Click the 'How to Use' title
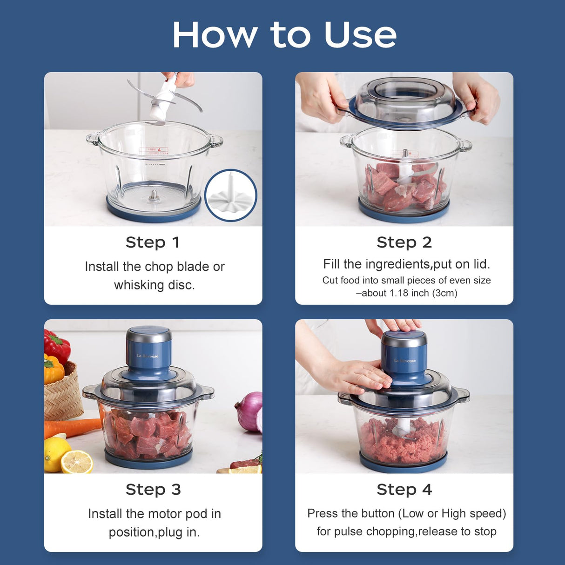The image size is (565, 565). [284, 35]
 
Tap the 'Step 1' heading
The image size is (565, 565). [153, 242]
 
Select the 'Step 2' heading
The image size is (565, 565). [404, 242]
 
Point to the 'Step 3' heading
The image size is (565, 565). [153, 490]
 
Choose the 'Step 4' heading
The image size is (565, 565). [404, 490]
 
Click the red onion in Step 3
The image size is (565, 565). [249, 411]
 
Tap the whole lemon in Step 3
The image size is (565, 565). [56, 454]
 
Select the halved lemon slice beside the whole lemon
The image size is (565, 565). [77, 463]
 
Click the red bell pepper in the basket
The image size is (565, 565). [57, 346]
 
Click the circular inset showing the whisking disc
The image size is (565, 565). [231, 195]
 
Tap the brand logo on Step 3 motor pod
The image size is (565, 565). [148, 356]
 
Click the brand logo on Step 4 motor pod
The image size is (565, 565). [405, 361]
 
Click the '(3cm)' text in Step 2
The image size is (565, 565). [446, 293]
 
